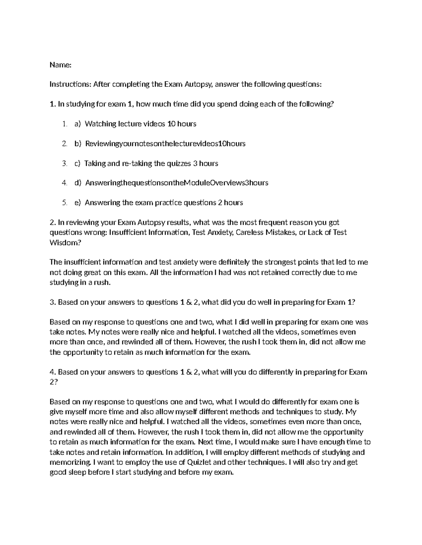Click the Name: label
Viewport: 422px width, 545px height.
[60, 65]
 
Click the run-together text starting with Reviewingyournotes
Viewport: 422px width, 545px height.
[165, 144]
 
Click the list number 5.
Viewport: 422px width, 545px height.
[64, 203]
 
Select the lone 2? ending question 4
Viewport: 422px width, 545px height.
[53, 382]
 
